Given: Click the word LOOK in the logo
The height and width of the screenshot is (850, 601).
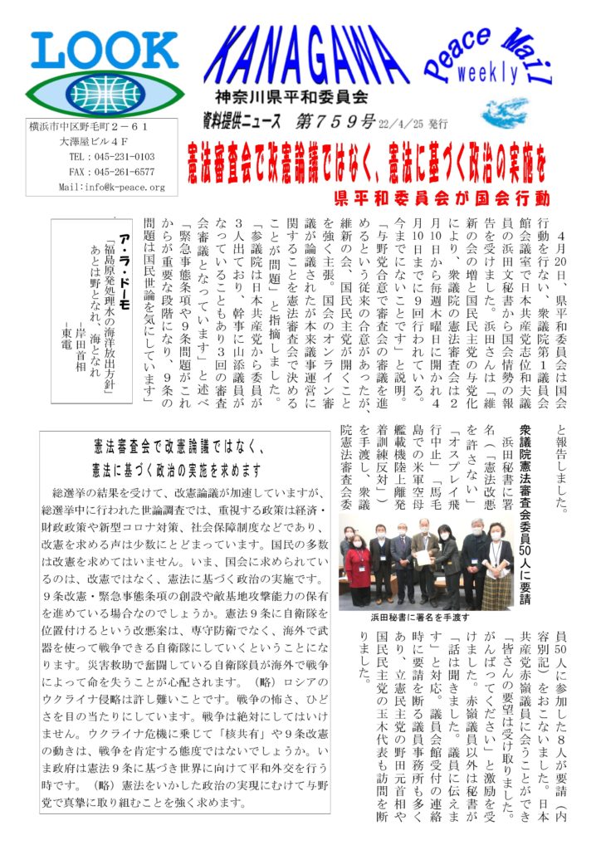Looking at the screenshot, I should [98, 52].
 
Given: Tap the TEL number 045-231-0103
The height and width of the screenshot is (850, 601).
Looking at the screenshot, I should [112, 157].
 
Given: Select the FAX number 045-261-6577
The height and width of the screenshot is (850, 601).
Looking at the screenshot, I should [112, 172].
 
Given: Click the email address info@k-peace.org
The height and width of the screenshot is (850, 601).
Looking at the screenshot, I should [112, 188].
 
